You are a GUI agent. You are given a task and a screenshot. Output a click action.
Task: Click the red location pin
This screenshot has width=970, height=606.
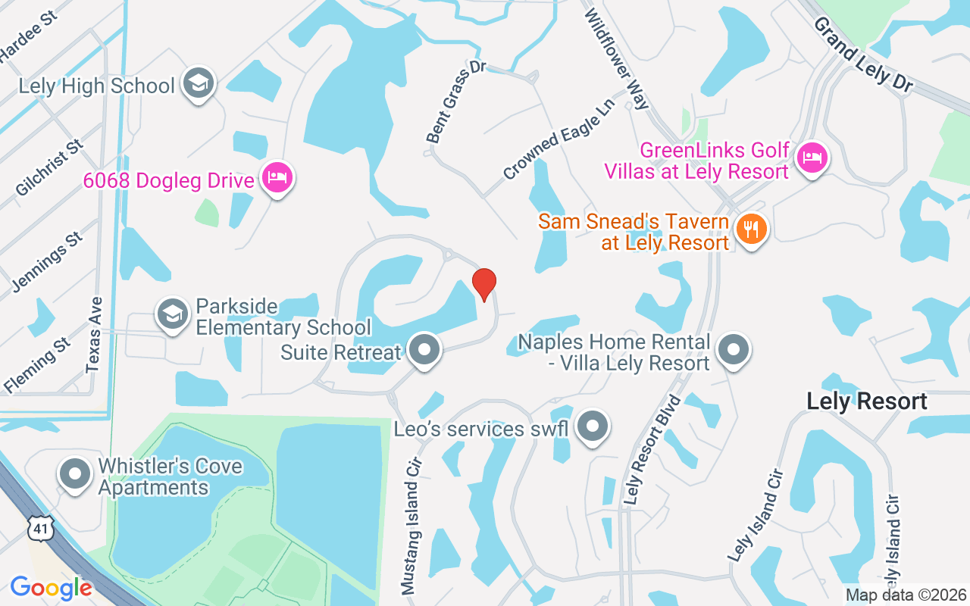[484, 284]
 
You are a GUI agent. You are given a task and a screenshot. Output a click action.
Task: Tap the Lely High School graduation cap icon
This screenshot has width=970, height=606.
[199, 84]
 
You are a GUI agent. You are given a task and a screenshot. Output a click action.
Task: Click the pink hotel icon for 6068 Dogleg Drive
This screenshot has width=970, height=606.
[277, 179]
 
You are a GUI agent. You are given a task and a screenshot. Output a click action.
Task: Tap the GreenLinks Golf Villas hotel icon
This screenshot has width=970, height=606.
[812, 158]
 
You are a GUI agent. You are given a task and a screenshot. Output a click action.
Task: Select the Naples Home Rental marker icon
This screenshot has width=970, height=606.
[733, 351]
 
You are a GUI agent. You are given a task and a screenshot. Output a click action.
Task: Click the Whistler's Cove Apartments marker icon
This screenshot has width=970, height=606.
[75, 475]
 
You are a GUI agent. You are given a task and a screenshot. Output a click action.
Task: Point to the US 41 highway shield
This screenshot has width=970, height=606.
[39, 527]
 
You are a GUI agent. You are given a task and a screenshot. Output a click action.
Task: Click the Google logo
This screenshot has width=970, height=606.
[51, 588]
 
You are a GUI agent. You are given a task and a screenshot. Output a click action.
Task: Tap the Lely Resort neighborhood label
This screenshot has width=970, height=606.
[867, 401]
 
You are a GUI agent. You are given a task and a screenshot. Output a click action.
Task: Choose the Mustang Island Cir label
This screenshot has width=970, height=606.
[411, 525]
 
